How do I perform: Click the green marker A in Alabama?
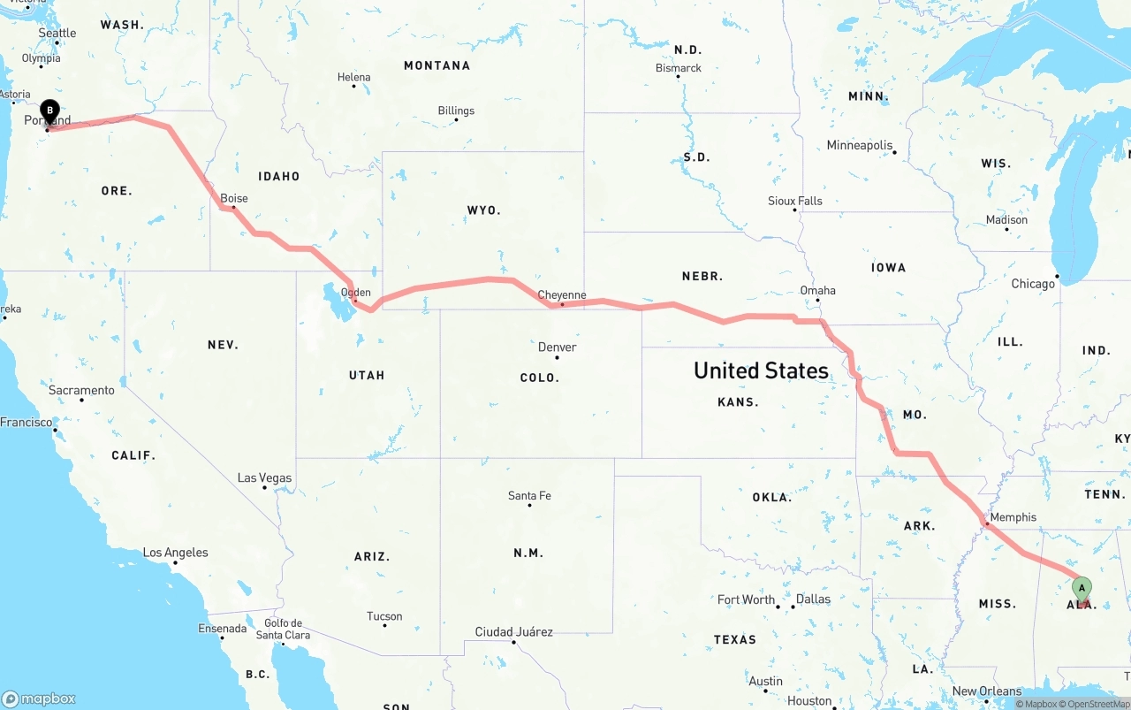pos(1081,589)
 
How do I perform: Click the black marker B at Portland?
pos(50,112)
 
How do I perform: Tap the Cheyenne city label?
pos(562,294)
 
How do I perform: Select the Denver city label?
pos(557,347)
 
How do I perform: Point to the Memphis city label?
pos(1013,517)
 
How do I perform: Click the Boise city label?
pos(234,198)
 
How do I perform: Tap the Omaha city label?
pos(817,290)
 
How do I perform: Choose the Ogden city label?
pos(356,293)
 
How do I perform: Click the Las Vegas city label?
pos(264,477)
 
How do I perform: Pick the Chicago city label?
pos(1033,284)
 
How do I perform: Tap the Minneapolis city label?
pos(860,145)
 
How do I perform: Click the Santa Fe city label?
pos(529,495)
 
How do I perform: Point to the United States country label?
pos(761,370)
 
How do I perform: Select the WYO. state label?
pos(483,210)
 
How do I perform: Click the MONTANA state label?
pos(436,65)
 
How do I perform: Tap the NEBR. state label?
pos(702,276)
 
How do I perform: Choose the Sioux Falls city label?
pos(794,201)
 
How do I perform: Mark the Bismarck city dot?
pos(679,77)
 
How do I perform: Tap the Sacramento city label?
pos(82,390)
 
